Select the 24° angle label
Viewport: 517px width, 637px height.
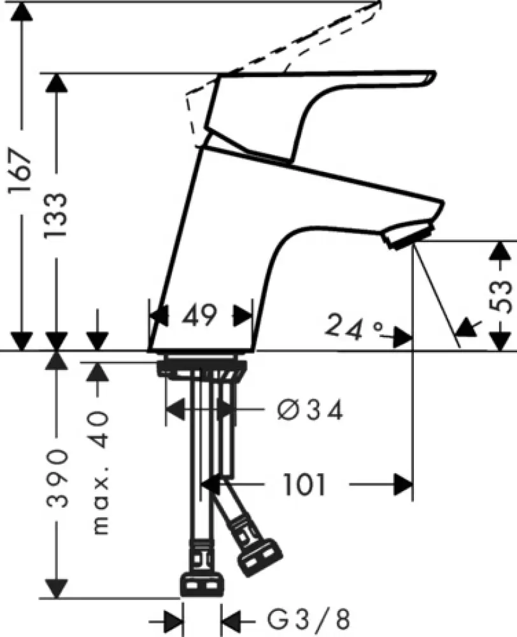click(354, 327)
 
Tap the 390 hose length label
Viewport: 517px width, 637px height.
click(57, 477)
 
